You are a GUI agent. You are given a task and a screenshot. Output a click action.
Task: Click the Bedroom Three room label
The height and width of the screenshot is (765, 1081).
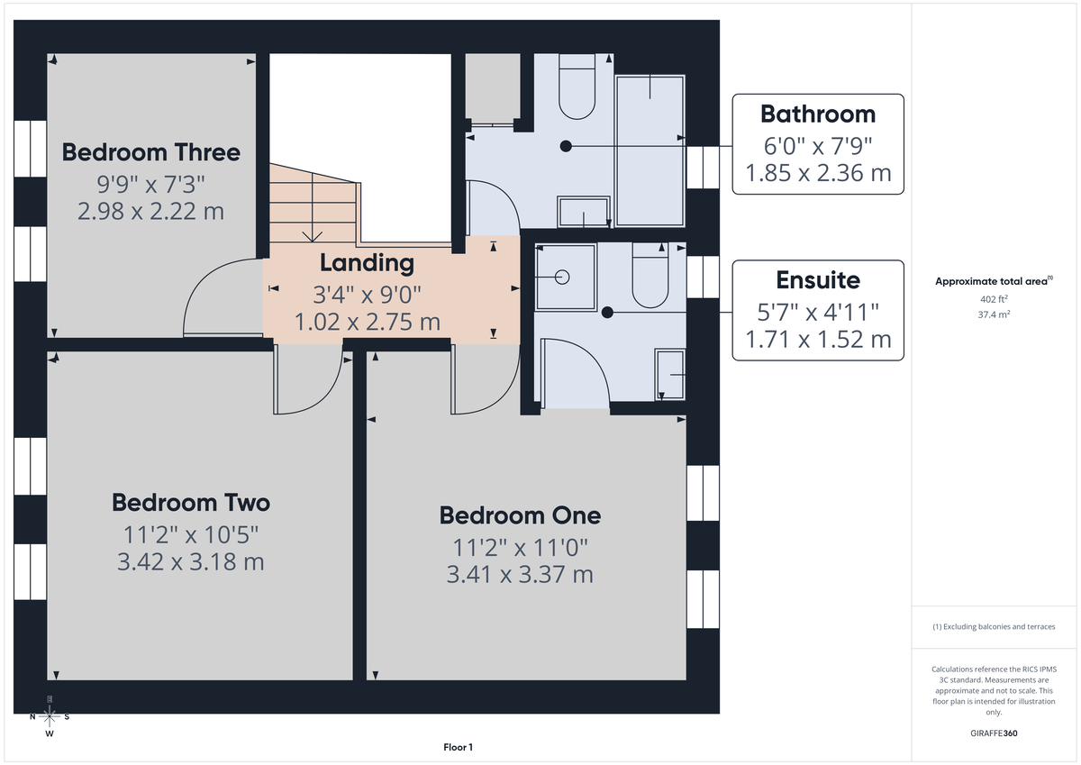[151, 152]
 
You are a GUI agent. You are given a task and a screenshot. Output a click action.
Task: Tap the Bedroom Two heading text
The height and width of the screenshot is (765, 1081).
[190, 502]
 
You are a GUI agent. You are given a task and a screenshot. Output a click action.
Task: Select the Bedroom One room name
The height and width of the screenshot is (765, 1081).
[520, 515]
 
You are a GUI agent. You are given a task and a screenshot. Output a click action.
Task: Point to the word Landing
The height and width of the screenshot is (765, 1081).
[367, 263]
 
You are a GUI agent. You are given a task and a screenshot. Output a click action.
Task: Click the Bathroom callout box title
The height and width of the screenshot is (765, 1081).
[817, 114]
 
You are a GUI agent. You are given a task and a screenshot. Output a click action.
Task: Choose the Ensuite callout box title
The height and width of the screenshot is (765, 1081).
[818, 279]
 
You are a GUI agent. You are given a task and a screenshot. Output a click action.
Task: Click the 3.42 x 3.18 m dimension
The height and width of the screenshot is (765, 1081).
[190, 562]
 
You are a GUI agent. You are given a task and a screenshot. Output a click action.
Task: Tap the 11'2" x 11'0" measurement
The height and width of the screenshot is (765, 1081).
[520, 546]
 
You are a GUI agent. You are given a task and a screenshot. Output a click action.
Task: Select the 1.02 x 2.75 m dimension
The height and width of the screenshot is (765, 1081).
[367, 321]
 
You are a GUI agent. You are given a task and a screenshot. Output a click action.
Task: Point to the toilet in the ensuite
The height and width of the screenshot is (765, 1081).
[650, 276]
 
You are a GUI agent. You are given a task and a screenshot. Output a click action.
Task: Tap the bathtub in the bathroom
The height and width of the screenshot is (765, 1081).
[650, 149]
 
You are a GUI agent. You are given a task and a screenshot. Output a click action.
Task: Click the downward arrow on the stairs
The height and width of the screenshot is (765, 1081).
[313, 235]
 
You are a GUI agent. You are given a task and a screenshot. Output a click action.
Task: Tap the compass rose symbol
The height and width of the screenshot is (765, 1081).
[50, 716]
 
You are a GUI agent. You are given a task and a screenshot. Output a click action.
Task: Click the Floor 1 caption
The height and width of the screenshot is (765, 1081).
[458, 747]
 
